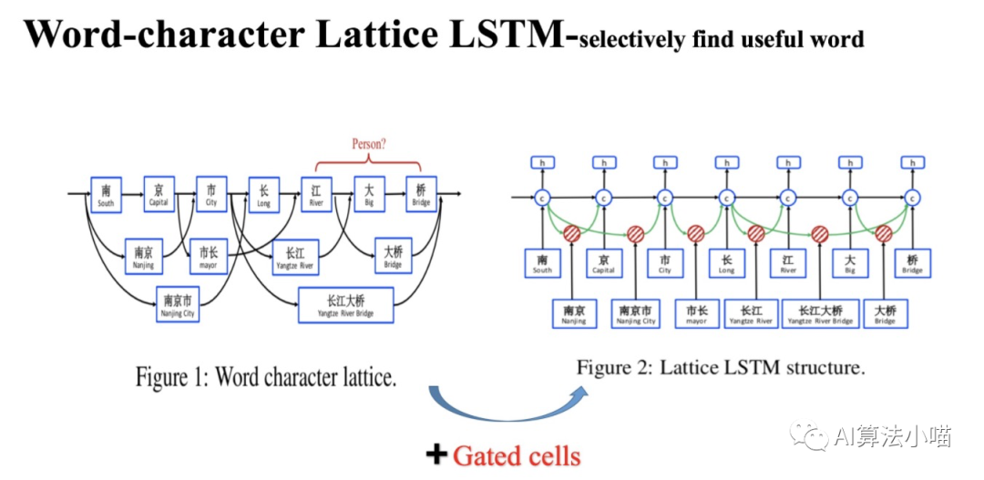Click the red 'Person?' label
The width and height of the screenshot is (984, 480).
368,144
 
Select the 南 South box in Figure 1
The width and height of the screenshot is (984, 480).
106,194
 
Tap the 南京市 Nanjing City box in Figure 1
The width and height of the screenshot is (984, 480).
178,303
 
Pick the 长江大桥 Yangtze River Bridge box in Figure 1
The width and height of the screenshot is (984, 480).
345,304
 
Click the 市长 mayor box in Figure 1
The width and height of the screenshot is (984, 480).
209,257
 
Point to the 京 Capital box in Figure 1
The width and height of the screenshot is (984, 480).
159,194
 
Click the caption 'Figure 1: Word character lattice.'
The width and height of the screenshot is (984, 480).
266,377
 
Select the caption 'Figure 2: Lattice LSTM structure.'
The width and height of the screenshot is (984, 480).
720,368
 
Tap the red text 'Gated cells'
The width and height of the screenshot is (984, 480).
517,454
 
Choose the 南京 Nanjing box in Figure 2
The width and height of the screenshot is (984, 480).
574,313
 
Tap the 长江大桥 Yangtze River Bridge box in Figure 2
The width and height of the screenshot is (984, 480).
820,313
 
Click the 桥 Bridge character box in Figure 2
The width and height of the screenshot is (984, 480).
912,262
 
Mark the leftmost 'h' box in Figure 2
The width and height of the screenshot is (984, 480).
543,162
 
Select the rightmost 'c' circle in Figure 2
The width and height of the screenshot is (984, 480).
912,196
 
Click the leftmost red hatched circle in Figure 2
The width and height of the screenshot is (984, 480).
572,233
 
